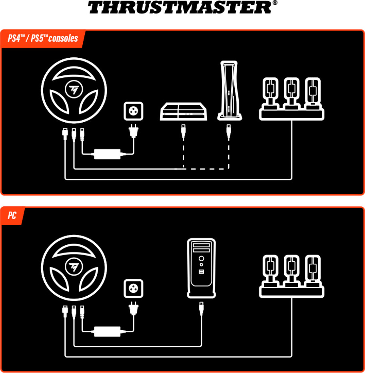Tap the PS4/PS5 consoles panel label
click(43, 39)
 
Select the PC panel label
click(12, 216)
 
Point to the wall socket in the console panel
click(134, 111)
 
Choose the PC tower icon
click(201, 268)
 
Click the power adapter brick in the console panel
click(107, 153)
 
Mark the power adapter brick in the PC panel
click(107, 331)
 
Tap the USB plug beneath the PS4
click(183, 132)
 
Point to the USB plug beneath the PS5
click(229, 132)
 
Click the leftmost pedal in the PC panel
click(270, 268)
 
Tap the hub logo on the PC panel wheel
click(74, 267)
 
